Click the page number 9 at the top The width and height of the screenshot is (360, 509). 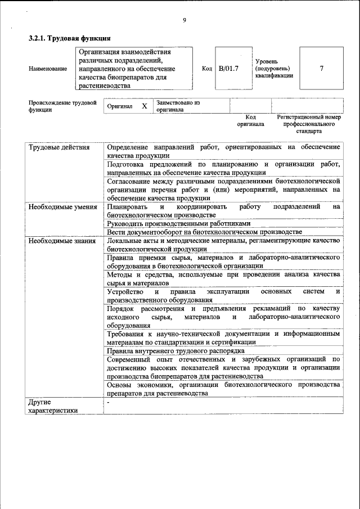coord(184,21)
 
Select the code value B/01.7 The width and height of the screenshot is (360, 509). coord(229,69)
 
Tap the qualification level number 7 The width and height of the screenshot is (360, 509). coord(321,69)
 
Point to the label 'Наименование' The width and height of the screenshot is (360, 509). coord(48,69)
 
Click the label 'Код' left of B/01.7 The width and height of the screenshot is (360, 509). coord(206,69)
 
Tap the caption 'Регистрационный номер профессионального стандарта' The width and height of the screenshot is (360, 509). coord(309,124)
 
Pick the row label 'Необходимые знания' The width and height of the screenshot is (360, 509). coord(62,240)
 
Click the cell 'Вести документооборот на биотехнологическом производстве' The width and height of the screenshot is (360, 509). coord(204,232)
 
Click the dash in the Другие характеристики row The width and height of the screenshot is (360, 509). coord(109,403)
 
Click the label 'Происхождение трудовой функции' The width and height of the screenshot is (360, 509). coord(62,106)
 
